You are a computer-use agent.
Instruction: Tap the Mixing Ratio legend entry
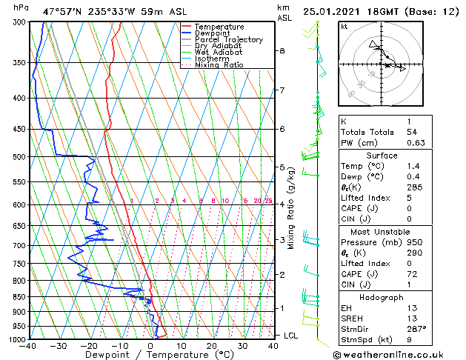point(219,65)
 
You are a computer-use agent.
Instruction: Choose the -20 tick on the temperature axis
point(88,346)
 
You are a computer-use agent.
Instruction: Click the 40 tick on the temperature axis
point(274,346)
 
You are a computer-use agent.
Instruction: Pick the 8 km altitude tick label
point(282,51)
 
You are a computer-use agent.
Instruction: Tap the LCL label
point(291,336)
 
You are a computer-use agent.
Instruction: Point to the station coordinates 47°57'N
point(65,11)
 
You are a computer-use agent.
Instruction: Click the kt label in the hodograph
point(344,27)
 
